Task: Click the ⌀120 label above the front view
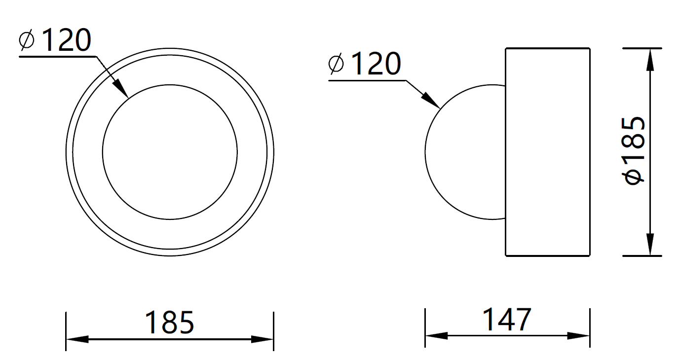[55, 40]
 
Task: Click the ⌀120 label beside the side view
[365, 64]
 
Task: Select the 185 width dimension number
[169, 323]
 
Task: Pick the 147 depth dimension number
[507, 319]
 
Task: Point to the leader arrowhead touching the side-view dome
[431, 101]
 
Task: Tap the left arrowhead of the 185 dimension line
[77, 339]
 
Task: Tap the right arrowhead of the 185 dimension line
[262, 339]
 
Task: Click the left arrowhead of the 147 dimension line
[436, 335]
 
